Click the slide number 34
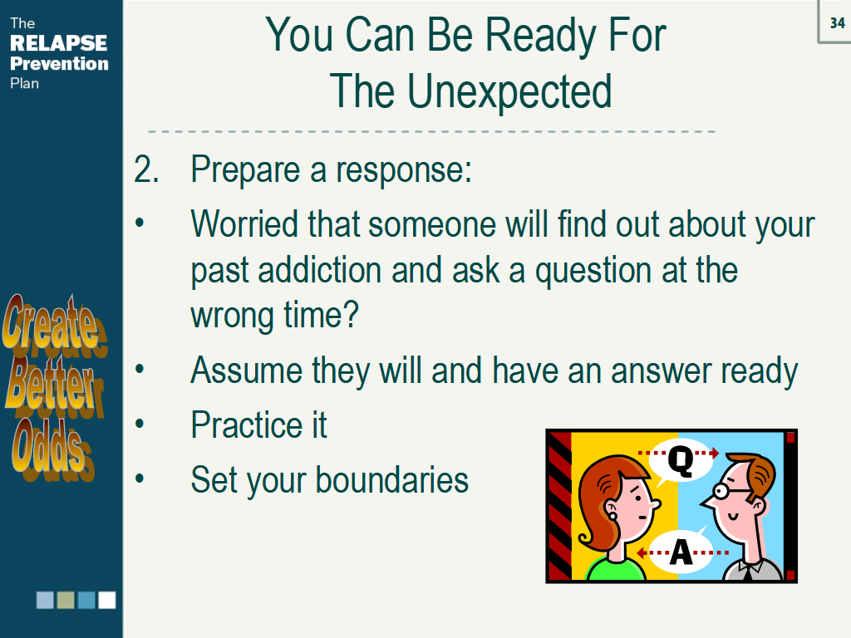[838, 22]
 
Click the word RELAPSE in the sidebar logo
[59, 43]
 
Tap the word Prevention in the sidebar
[59, 63]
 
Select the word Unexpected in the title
[509, 91]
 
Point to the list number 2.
[146, 169]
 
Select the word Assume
[246, 371]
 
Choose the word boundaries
[392, 479]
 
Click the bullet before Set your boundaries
[140, 478]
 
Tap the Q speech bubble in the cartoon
[681, 460]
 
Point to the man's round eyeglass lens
[721, 492]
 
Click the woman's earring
[612, 515]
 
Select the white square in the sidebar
[107, 600]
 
